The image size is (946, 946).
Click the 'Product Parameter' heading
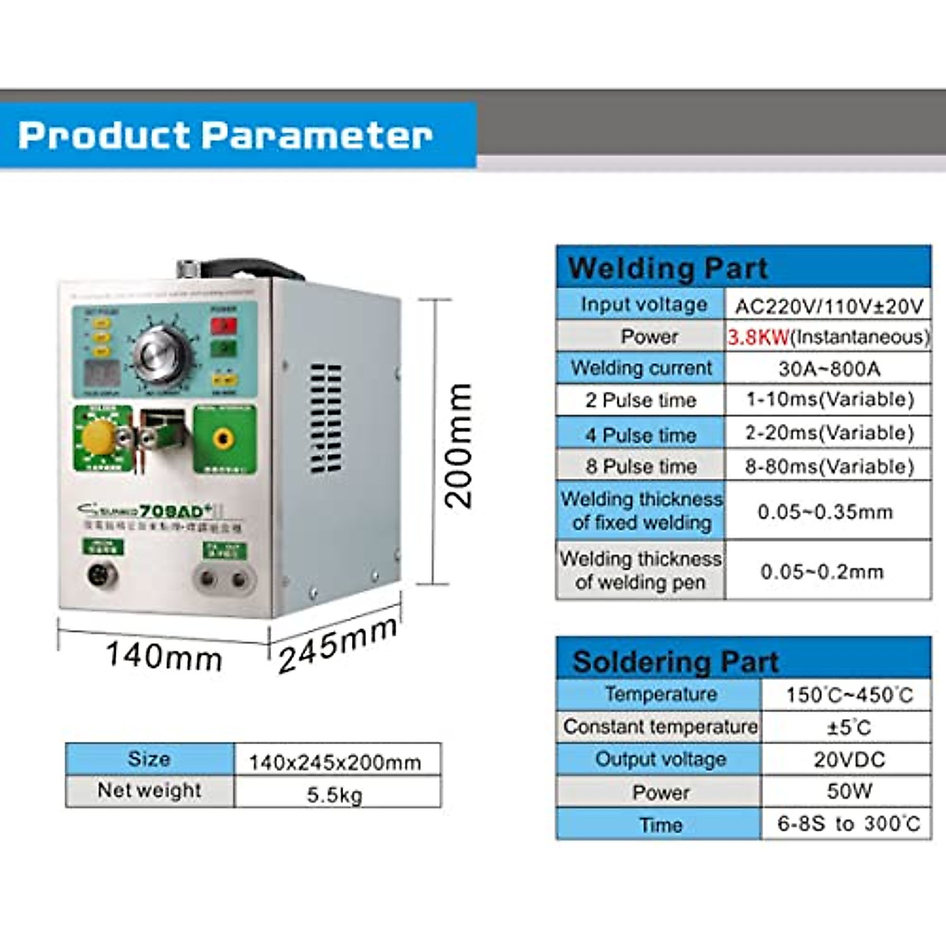click(225, 135)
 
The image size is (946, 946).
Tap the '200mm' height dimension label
click(459, 445)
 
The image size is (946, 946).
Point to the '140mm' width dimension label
click(164, 656)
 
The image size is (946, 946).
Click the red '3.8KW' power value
click(758, 337)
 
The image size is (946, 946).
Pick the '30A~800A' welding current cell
click(829, 369)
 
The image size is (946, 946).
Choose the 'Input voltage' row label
click(643, 305)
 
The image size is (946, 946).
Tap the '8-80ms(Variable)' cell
click(829, 467)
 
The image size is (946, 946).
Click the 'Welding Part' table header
click(667, 268)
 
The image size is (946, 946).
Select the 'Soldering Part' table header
click(675, 661)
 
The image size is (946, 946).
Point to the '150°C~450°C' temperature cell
click(849, 695)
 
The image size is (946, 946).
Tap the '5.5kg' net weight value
click(335, 795)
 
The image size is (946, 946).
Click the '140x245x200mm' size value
click(335, 762)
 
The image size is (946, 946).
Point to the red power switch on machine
click(224, 325)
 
